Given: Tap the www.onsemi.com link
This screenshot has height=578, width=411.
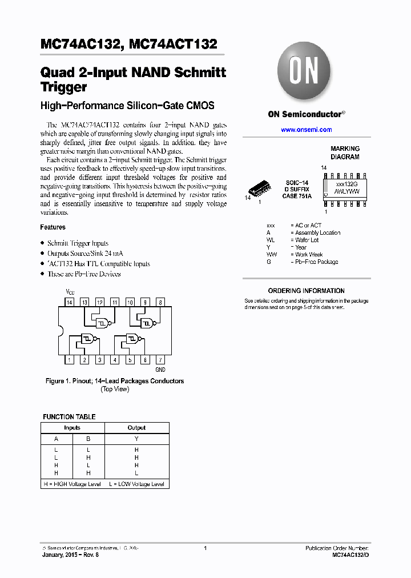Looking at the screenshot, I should coord(306,130).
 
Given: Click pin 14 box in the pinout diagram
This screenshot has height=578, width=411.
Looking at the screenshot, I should coord(69,302).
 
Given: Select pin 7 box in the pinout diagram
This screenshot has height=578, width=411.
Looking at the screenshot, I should coord(160,360).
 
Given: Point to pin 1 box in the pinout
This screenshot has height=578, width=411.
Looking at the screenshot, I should coord(69,360).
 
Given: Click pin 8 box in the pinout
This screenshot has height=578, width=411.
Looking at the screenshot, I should coord(160,302).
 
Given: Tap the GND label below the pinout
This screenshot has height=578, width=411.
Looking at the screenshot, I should coord(160,370).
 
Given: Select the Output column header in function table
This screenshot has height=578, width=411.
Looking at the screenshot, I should coord(136,428).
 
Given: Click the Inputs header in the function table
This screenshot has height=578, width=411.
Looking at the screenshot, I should coord(72,428).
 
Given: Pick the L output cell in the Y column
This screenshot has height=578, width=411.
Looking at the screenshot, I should coord(136,473).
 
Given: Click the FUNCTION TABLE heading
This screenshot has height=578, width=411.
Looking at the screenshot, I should coord(69,416).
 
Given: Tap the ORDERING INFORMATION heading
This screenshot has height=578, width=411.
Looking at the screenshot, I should coord(306,291).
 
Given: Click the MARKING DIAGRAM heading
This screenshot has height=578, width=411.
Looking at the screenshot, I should coord(345,152).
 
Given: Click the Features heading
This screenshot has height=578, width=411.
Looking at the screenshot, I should coord(53,227).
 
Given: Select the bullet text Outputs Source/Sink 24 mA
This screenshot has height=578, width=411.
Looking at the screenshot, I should coord(85,254).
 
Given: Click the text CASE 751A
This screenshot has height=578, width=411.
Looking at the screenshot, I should coord(296,196).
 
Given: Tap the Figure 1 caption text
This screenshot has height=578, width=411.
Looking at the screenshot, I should coord(115,381).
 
